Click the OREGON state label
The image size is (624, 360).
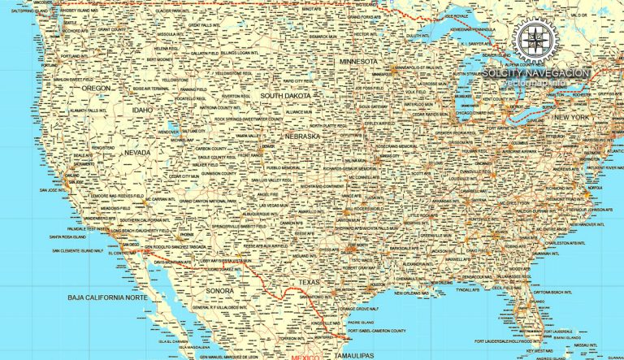click(x=97, y=88)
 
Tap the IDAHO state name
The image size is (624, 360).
click(x=142, y=109)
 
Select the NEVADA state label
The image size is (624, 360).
click(x=136, y=152)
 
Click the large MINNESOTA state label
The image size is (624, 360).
click(x=358, y=61)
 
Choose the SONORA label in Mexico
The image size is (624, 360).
click(x=220, y=289)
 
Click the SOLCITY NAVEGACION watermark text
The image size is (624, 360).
click(x=535, y=72)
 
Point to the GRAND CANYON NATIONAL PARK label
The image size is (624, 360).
click(x=209, y=201)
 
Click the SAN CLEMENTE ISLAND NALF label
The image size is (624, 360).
click(x=78, y=251)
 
